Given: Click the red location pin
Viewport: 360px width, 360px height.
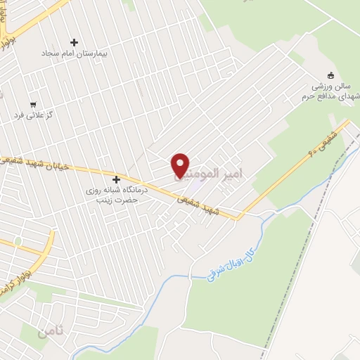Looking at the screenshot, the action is pos(181,165).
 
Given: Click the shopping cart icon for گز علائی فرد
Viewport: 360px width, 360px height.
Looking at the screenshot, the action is pos(33,104).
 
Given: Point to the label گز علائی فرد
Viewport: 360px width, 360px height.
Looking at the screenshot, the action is pos(50,114).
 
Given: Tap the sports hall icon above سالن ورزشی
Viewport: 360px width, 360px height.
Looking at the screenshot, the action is pos(331,75).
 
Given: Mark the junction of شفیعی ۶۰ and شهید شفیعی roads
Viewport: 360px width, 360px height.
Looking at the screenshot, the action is pos(239,217).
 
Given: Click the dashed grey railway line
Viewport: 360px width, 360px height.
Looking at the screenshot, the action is pos(295,232).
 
